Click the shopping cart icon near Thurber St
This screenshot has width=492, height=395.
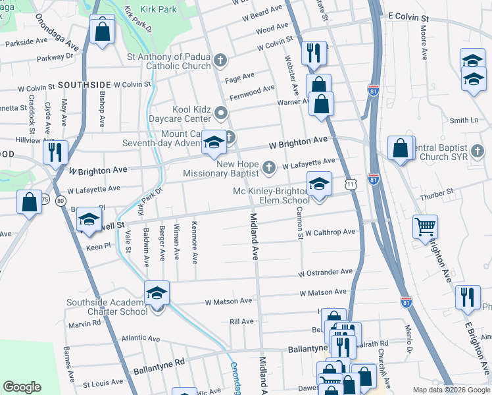click(425, 227)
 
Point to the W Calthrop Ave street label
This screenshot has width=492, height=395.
click(330, 232)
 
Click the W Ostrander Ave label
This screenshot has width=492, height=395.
click(326, 272)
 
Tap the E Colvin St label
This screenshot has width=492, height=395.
click(408, 14)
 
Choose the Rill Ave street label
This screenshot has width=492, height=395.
click(241, 321)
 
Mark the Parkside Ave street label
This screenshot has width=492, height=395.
click(26, 41)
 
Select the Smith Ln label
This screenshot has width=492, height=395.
click(464, 120)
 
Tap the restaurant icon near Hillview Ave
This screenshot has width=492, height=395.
click(55, 153)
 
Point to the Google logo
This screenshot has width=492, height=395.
click(22, 387)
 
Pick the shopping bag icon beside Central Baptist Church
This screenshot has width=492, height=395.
click(401, 148)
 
